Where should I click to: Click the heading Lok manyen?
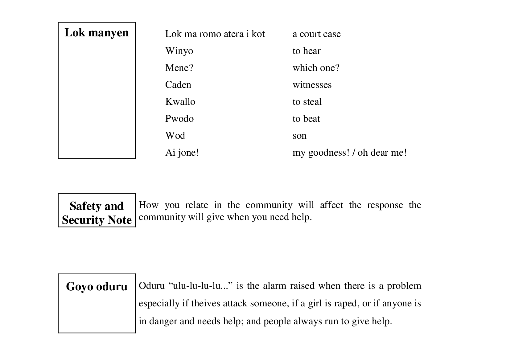(x=97, y=33)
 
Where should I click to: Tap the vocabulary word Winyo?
(x=179, y=51)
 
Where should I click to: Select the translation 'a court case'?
(x=316, y=34)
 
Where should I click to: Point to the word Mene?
(x=179, y=68)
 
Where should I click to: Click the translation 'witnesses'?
(x=312, y=85)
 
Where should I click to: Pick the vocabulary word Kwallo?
(x=180, y=102)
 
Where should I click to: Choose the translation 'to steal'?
(x=307, y=102)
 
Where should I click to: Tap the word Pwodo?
(x=179, y=119)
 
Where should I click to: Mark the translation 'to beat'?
(x=306, y=119)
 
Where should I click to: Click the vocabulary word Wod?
(x=175, y=136)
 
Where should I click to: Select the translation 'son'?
(x=299, y=136)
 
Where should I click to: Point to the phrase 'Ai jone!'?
(x=182, y=153)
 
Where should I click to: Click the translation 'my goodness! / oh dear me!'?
(x=349, y=153)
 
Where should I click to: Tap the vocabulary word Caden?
(x=178, y=85)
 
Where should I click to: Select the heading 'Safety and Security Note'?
(x=97, y=213)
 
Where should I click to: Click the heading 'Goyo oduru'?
(x=97, y=287)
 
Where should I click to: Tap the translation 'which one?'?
(x=316, y=68)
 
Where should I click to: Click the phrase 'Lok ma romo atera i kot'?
(x=215, y=34)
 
